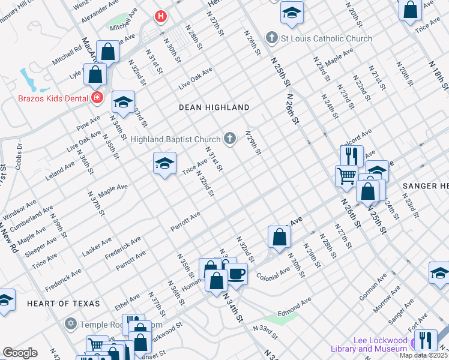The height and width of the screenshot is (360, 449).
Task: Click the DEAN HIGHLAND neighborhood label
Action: pos(214,107)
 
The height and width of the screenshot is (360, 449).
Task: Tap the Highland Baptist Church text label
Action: pos(176,139)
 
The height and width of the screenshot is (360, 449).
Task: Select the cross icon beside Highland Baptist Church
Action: pos(229,139)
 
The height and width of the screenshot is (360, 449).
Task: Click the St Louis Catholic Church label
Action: pos(327,38)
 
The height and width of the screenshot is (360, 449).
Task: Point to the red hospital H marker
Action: pos(160,16)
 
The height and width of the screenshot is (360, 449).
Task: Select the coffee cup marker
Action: pos(237,274)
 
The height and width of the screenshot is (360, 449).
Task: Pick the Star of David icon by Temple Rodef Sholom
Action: pos(70,325)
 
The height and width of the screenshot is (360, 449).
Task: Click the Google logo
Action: pos(20,353)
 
